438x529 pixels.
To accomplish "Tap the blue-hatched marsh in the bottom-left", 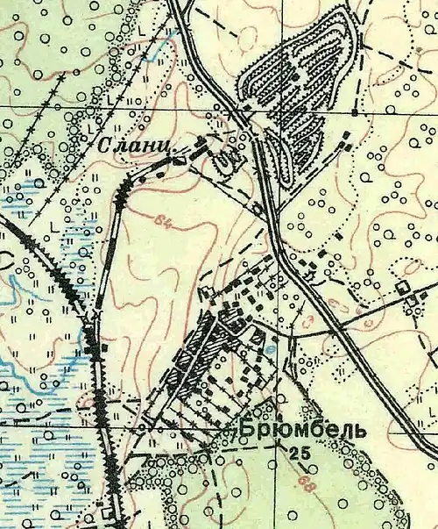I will pyautogui.click(x=35, y=421).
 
